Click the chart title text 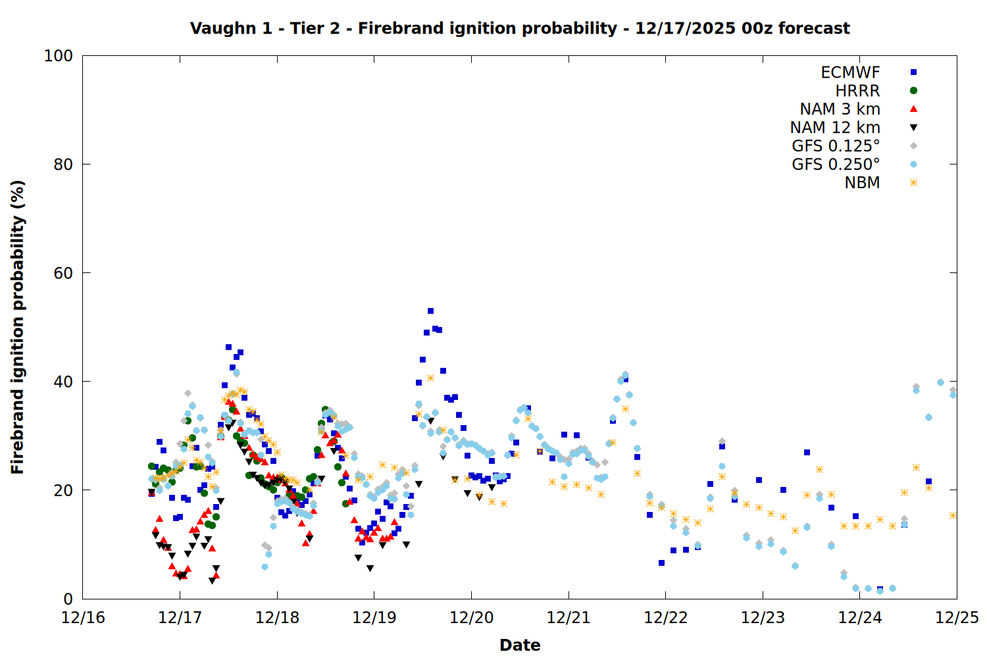click(x=520, y=28)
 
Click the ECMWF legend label click(x=850, y=72)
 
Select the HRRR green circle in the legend click(x=913, y=91)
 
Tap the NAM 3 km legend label click(x=840, y=109)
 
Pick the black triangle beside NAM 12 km click(x=913, y=128)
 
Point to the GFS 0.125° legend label click(x=836, y=146)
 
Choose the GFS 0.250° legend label click(x=836, y=164)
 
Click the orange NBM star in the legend click(x=913, y=183)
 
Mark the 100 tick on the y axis click(x=59, y=56)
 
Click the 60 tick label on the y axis click(x=63, y=273)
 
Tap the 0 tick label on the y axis click(x=68, y=599)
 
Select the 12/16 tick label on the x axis click(x=83, y=618)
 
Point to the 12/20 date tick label click(x=471, y=618)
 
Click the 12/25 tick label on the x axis click(x=957, y=618)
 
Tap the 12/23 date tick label click(x=763, y=618)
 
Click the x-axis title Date click(x=520, y=645)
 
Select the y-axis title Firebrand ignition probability click(x=18, y=327)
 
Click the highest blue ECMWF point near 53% click(x=430, y=311)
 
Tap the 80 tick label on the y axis click(x=63, y=164)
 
